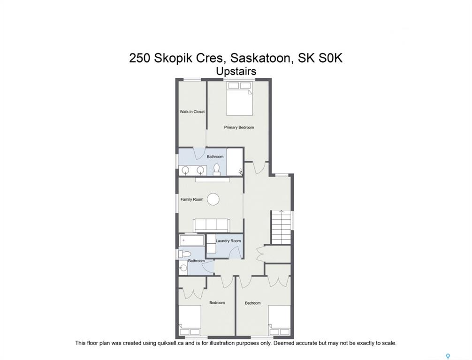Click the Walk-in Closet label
tap(192, 112)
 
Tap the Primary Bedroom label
tap(239, 127)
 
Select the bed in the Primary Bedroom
tap(239, 98)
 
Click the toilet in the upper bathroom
tap(216, 170)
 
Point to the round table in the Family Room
tap(214, 199)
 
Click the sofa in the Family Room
tap(211, 225)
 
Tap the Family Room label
tap(192, 199)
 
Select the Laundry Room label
tap(228, 241)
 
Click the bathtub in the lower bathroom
tap(191, 240)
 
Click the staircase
tap(282, 227)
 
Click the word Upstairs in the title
tap(236, 72)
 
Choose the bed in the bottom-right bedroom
tap(280, 320)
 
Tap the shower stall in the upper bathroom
tap(235, 162)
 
